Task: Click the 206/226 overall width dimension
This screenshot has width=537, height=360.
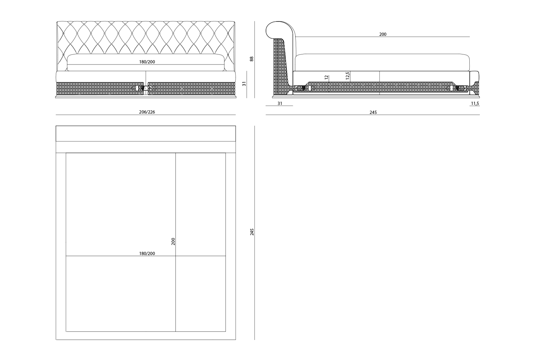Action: coord(147,112)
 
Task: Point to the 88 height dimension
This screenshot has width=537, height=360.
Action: coord(251,59)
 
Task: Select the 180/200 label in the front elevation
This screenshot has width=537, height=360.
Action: coord(147,62)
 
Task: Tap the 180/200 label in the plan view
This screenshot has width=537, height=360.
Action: coord(147,254)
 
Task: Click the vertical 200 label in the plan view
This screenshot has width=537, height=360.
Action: coord(173,241)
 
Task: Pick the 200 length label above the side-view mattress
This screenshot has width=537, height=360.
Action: coord(383,34)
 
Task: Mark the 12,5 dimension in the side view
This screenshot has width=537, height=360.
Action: coord(348,76)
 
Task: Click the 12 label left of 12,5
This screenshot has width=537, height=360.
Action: coord(326,77)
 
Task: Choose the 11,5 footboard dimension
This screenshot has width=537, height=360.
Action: coord(475,104)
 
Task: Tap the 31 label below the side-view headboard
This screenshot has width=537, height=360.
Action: coord(280,104)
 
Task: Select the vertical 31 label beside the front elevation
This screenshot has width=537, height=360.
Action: coord(244,84)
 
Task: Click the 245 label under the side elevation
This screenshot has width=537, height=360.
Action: coord(373,112)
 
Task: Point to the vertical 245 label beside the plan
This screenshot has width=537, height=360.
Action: coord(252,232)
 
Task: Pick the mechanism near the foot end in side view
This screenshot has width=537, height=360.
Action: coord(458,88)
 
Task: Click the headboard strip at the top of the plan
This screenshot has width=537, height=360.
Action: coord(146,134)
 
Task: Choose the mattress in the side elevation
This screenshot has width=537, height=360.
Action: coord(382,62)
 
